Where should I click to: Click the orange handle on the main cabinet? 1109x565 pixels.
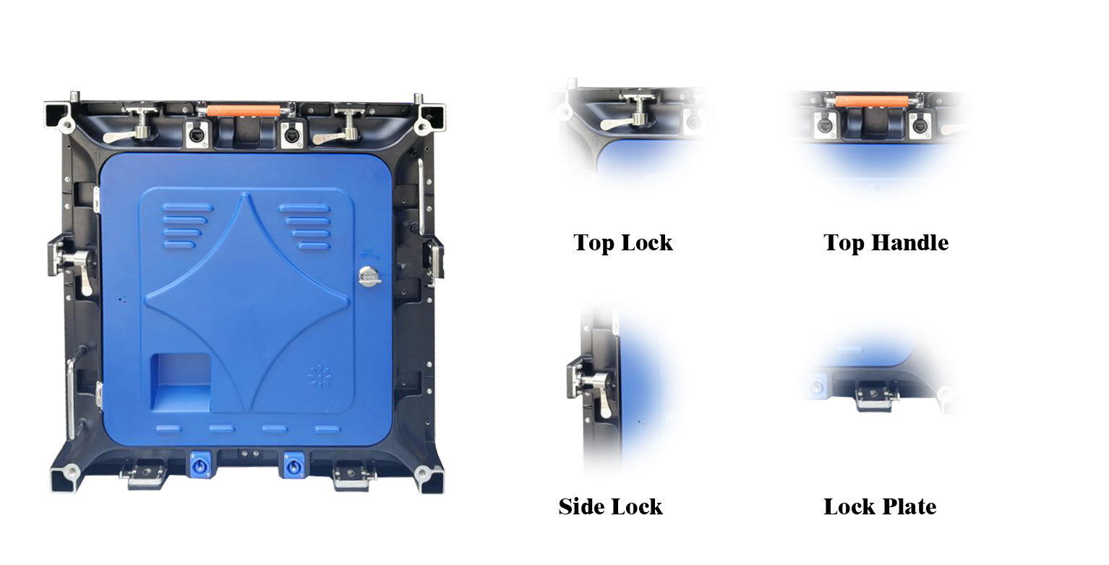[244, 110]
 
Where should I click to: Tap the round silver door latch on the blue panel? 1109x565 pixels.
[369, 276]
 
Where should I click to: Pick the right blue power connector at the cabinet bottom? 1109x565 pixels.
[295, 465]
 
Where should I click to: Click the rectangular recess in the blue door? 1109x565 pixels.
[181, 382]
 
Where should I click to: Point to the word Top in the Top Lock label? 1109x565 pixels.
[593, 243]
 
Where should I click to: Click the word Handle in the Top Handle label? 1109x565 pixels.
[909, 243]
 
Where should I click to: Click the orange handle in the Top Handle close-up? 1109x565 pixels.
[872, 101]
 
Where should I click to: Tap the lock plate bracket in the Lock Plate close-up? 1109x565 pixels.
[875, 396]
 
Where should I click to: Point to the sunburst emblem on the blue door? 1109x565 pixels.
[320, 377]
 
